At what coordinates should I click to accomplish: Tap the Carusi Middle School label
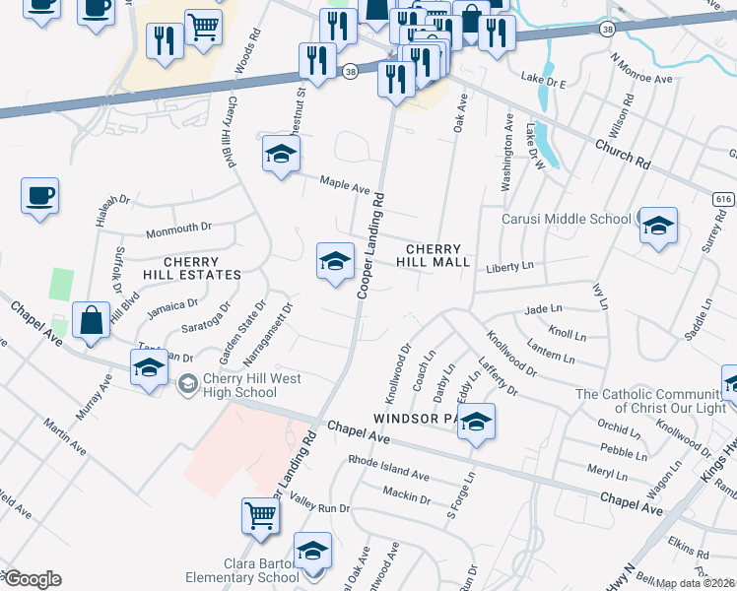[x=568, y=219]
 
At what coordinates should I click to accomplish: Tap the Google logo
[x=32, y=579]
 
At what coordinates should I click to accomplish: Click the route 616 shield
[x=724, y=199]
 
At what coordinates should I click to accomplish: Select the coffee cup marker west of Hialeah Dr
[x=39, y=195]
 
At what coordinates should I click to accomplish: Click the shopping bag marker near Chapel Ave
[x=91, y=321]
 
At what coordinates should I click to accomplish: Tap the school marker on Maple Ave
[x=281, y=156]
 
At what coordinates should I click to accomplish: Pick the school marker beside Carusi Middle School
[x=657, y=228]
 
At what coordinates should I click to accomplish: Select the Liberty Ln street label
[x=509, y=267]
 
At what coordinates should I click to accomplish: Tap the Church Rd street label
[x=623, y=152]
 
